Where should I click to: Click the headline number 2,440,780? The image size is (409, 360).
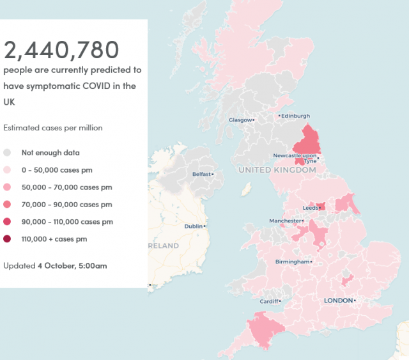coord(61,50)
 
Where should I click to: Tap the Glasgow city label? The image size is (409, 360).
coord(241,120)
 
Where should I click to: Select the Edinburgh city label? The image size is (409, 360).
coord(296,116)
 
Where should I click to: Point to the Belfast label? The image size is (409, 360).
coord(203,174)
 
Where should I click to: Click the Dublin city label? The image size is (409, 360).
coord(194,226)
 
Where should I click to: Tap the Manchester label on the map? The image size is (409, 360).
coord(284,221)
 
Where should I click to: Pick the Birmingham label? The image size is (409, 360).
coord(291,262)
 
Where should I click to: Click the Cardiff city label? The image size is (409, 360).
coord(269,301)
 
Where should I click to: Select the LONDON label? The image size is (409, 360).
coord(338,300)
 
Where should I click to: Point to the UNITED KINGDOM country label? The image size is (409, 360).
coord(277,171)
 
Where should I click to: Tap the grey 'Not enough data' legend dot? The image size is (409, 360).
coord(8,153)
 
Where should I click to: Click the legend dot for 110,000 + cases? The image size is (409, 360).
coord(8,239)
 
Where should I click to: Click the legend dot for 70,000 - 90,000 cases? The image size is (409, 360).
coord(8,205)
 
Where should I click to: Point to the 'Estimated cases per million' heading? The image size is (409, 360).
coord(53,128)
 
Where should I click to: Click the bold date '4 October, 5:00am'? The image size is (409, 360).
coord(72,265)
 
